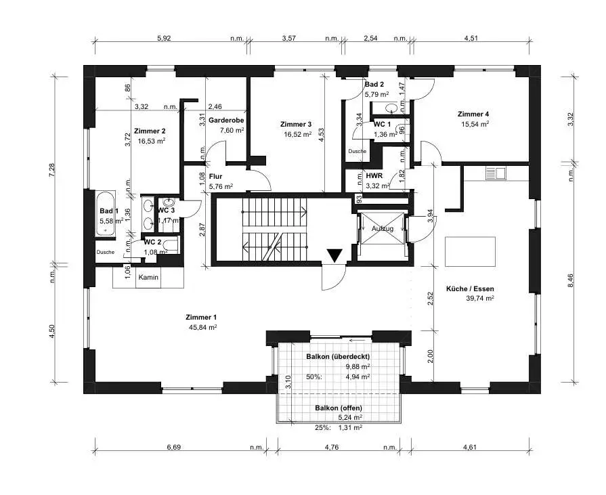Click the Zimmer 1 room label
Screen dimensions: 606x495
point(201,318)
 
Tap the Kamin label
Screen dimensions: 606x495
point(148,277)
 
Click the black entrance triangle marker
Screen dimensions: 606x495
point(334,256)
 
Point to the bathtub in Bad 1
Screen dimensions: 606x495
point(105,213)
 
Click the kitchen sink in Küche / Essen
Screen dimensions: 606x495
point(496,173)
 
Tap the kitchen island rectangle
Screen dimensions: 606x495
point(470,251)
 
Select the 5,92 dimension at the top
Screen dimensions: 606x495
point(164,38)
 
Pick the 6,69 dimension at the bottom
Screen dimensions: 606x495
point(174,447)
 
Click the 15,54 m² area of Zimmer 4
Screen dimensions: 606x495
point(475,124)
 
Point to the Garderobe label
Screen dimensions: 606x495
point(226,120)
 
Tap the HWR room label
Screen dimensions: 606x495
point(374,176)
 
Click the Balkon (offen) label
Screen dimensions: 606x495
point(339,408)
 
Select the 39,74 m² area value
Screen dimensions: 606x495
point(480,298)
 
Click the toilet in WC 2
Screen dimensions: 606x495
point(171,245)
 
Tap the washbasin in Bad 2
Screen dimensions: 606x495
point(391,108)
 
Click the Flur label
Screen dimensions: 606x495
point(215,177)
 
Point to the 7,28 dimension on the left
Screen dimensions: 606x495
point(51,171)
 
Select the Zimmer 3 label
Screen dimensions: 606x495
point(296,124)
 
